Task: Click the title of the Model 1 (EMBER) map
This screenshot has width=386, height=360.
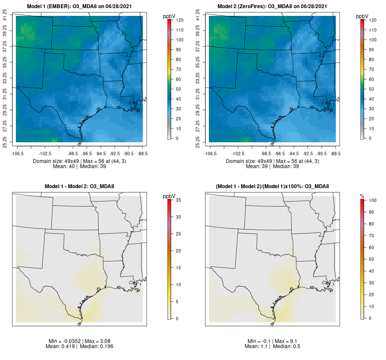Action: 80,6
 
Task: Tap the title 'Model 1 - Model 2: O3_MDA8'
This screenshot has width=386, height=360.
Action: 80,186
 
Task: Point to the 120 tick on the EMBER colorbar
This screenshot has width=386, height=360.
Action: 180,20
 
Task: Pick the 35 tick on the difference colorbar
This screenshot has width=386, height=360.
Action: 179,200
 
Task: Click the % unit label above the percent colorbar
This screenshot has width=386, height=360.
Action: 362,196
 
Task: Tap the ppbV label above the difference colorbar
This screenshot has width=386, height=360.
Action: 169,196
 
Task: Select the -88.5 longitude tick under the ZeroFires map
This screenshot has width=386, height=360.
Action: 335,153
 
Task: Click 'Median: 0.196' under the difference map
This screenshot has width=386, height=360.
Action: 96,346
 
